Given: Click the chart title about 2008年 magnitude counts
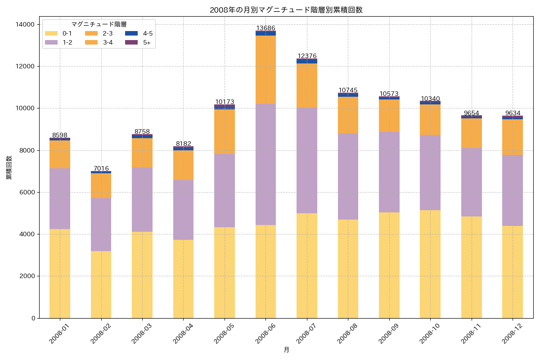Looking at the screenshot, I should point(286,10).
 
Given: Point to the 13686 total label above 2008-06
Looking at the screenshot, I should point(265,28).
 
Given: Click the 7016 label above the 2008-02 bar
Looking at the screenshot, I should point(101,168).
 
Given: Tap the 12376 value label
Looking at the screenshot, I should point(307,56).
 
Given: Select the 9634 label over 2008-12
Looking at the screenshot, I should point(513,113).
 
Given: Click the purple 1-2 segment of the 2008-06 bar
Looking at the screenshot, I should point(265,164).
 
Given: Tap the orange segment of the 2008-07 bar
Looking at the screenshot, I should point(307,85).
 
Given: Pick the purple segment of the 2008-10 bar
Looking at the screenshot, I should point(430,172).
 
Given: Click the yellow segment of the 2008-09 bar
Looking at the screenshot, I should point(389,265).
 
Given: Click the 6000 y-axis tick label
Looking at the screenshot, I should point(28,192).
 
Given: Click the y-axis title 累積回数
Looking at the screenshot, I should point(9,168).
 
